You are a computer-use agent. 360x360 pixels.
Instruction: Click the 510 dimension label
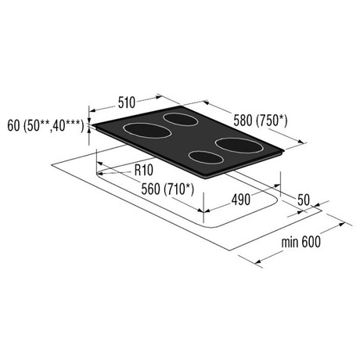click(127, 103)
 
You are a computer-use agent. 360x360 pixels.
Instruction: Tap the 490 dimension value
click(241, 200)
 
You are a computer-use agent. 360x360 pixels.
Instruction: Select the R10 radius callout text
click(144, 171)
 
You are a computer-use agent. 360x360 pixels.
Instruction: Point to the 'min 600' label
click(301, 242)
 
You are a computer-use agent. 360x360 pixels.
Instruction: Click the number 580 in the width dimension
click(243, 121)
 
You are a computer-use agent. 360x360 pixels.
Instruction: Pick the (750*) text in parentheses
click(272, 121)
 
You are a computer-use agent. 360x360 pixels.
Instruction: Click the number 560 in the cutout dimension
click(150, 189)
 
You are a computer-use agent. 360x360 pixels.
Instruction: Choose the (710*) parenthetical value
click(179, 189)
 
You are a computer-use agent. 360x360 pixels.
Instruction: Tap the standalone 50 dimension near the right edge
click(304, 200)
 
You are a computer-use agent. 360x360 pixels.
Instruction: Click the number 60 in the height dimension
click(13, 126)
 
